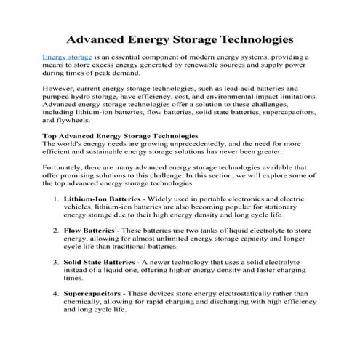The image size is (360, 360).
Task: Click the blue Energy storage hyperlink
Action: click(x=65, y=56)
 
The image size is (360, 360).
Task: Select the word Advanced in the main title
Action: click(x=97, y=36)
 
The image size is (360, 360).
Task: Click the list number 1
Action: click(x=57, y=198)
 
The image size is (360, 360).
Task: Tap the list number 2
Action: click(x=57, y=230)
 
